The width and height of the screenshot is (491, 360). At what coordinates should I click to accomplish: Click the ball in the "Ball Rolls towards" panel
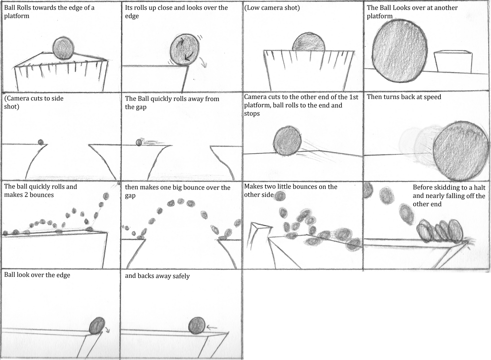coord(63,48)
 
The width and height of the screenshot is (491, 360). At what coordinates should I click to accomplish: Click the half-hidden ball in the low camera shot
coord(308,42)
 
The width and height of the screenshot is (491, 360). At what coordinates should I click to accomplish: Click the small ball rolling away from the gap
coord(139,143)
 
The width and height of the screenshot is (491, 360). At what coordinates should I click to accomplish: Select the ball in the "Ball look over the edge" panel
coord(97,326)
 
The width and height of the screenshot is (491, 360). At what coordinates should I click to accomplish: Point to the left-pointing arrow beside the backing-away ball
coord(212,327)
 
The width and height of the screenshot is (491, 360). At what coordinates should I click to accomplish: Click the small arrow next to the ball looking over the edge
coord(107,330)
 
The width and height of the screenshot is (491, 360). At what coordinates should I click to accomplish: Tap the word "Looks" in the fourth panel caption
coord(402,8)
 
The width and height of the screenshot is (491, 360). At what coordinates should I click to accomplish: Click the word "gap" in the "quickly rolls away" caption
coord(141,108)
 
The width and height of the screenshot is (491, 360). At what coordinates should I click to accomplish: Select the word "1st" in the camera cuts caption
coord(353,97)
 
